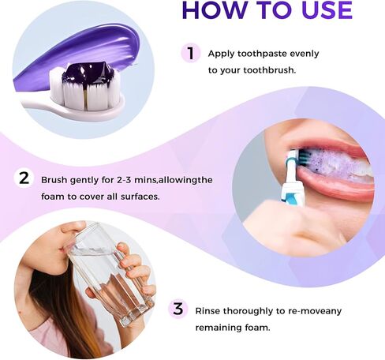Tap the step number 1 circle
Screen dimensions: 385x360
coord(191,53)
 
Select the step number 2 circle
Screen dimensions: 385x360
coord(24,178)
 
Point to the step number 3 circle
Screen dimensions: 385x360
coord(178,309)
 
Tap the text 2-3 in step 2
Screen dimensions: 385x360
coord(124,180)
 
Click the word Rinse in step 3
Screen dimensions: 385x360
coord(207,311)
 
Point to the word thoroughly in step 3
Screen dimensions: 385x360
coord(248,312)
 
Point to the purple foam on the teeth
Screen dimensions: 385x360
coord(331,164)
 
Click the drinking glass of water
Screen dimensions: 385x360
coord(110,274)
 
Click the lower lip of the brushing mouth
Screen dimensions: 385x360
coord(337,186)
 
